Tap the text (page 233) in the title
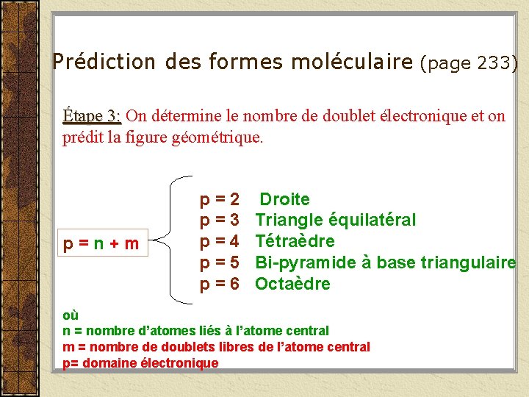469,63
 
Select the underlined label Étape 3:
92,116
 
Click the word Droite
285,199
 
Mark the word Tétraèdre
295,241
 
